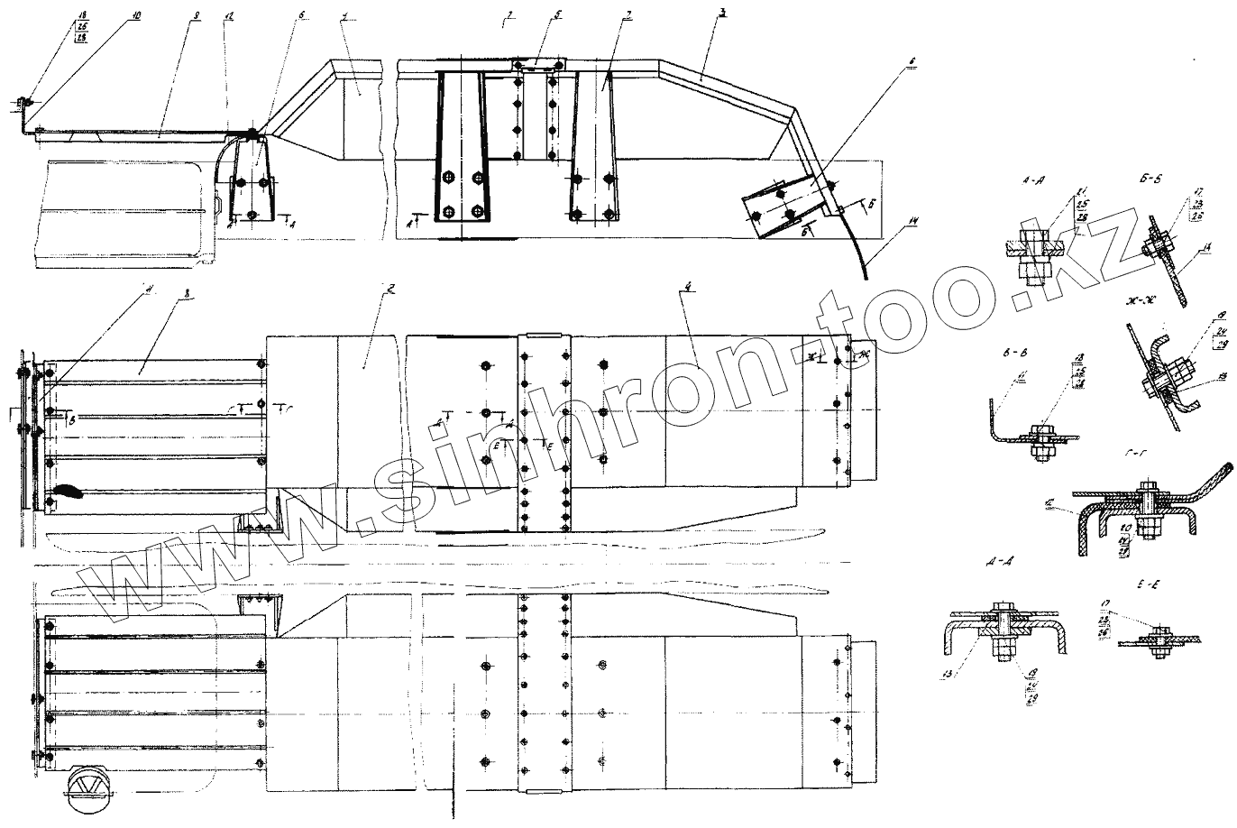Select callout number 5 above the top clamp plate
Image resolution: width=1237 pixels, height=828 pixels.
(558, 15)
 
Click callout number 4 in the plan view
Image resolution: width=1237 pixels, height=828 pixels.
(688, 288)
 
